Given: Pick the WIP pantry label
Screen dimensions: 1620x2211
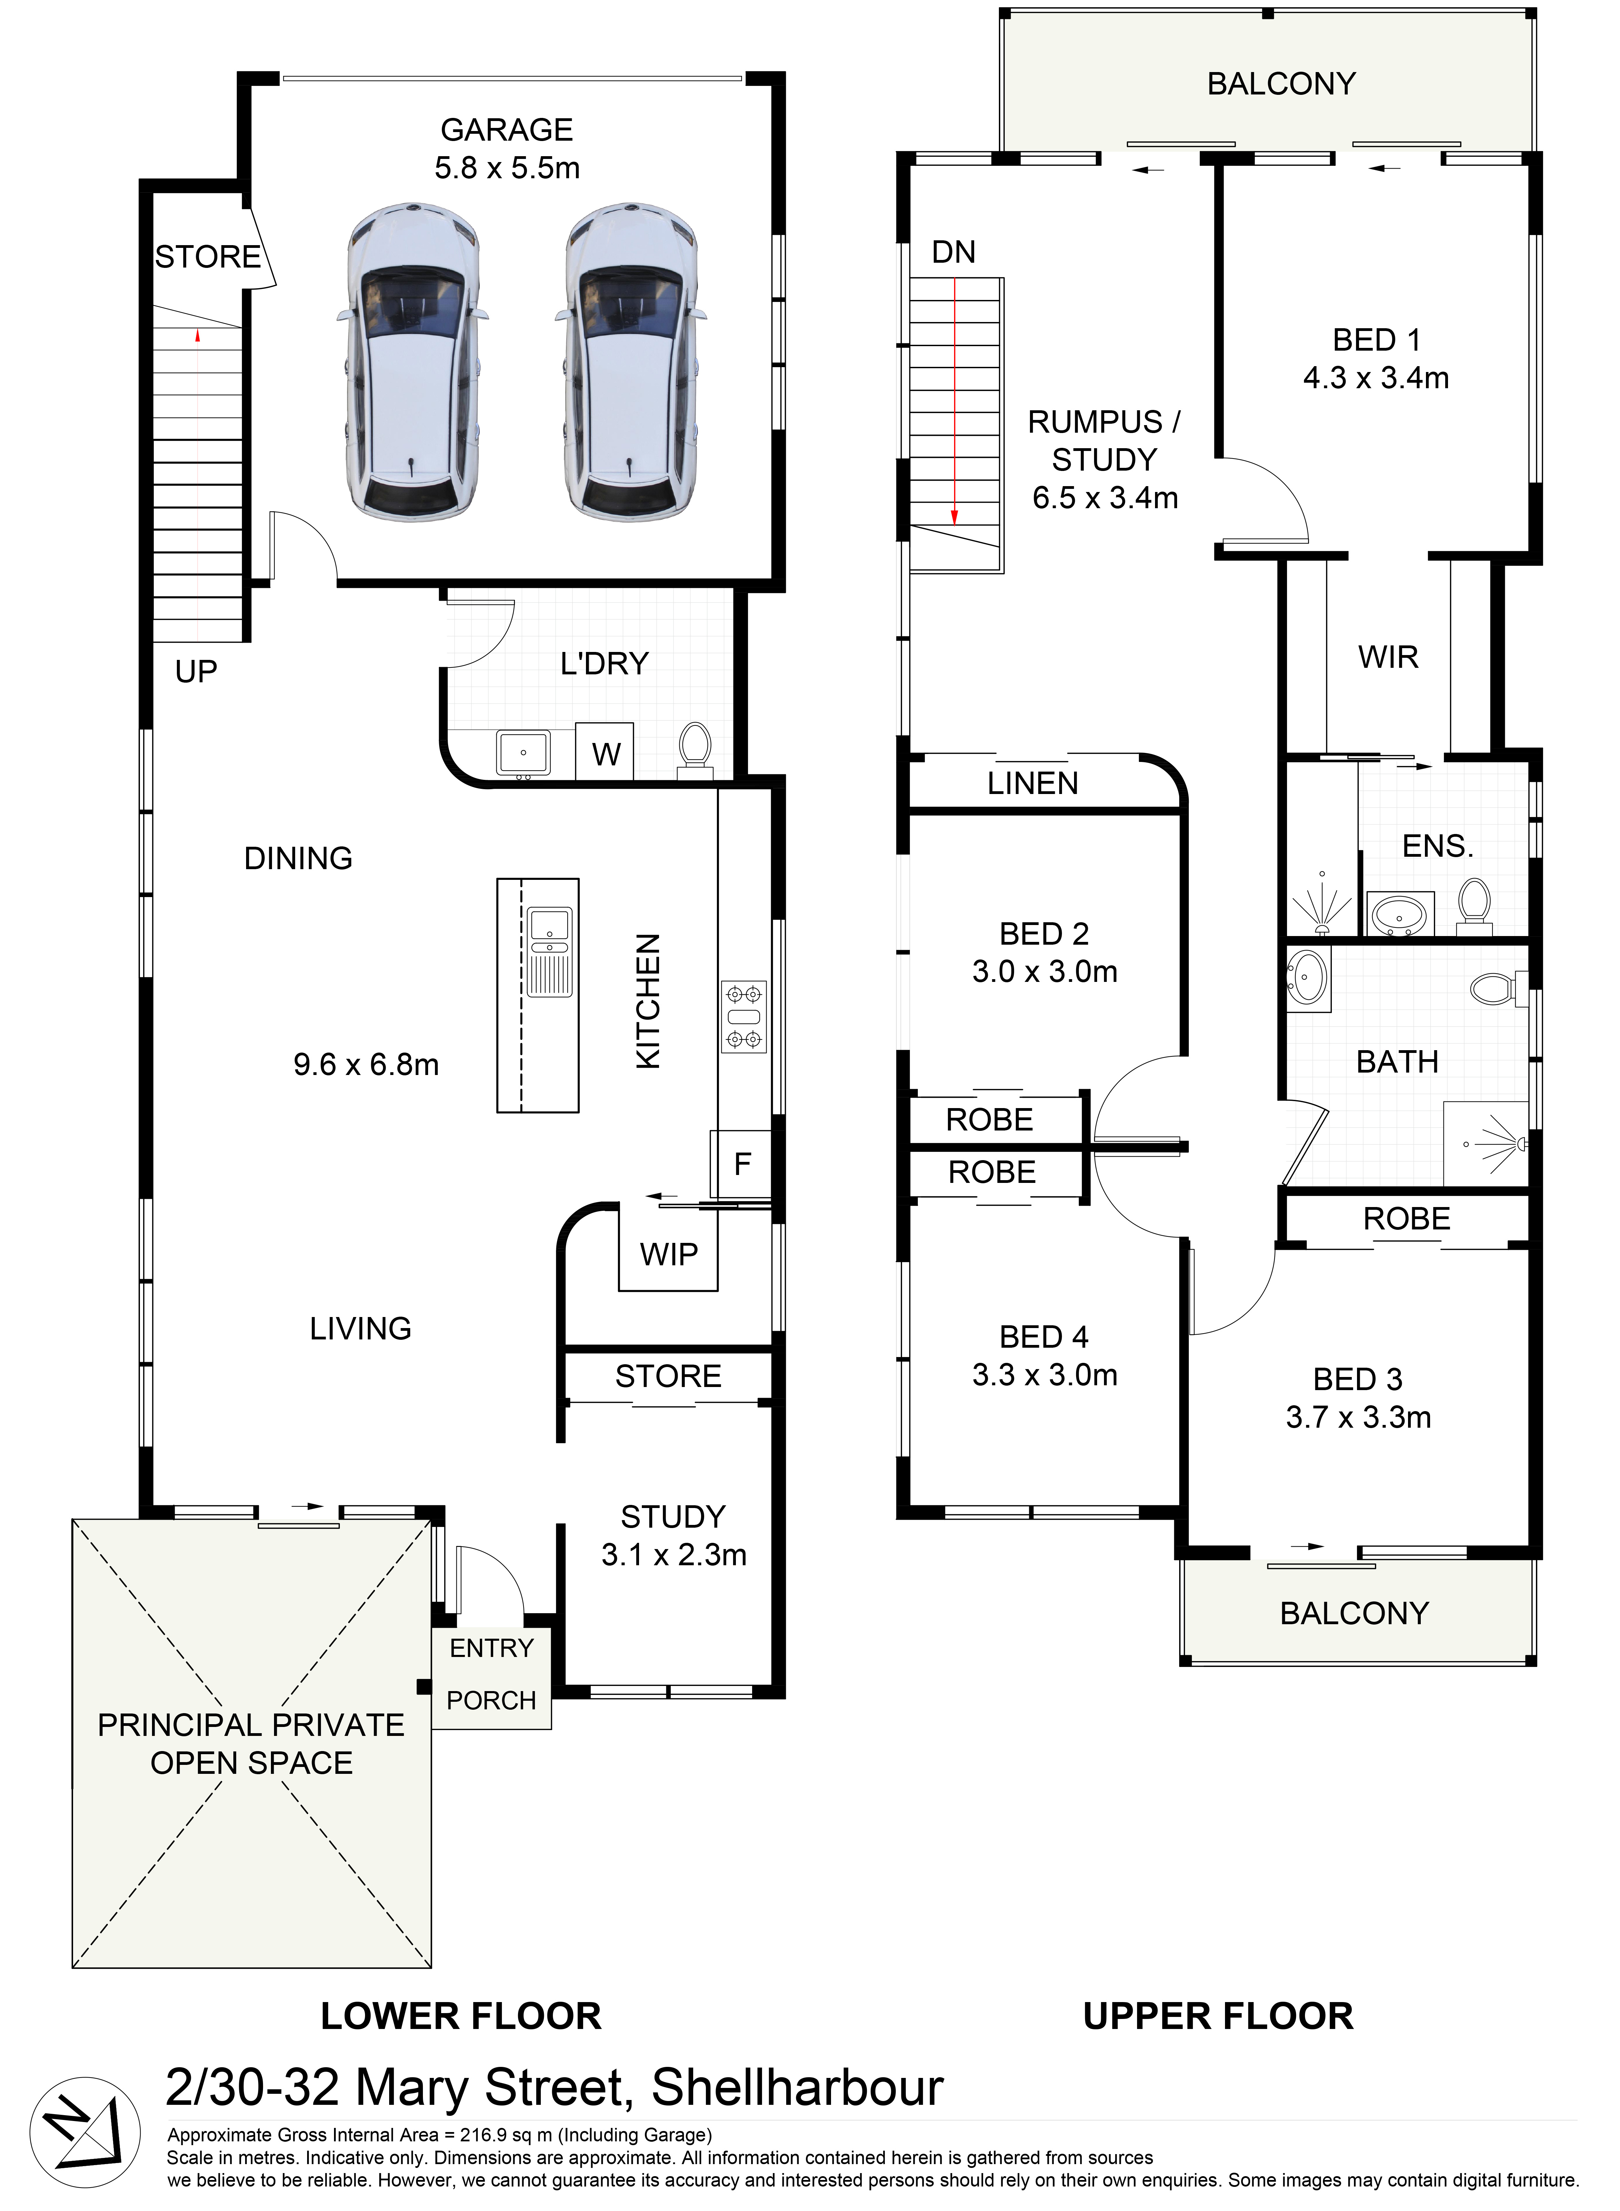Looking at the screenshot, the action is [x=669, y=1254].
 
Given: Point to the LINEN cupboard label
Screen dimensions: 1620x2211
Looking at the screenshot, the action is [x=1033, y=783].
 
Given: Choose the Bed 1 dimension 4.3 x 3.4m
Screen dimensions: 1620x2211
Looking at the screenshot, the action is [x=1376, y=378].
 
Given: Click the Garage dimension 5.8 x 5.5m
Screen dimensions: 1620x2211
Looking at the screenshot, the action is [x=507, y=168].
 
